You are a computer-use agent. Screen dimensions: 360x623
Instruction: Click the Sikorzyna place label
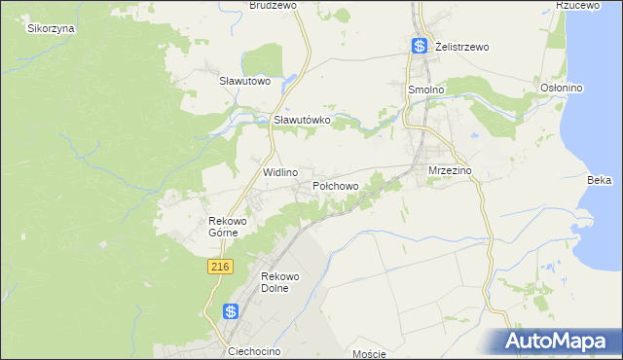52,28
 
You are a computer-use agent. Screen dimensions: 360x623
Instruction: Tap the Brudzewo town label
273,5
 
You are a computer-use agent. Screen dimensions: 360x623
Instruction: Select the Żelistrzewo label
461,46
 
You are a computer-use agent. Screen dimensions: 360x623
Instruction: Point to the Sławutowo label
243,81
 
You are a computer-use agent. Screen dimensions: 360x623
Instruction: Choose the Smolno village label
424,89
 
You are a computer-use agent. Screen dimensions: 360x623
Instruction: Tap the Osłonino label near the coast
561,88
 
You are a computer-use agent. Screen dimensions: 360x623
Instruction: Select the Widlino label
280,171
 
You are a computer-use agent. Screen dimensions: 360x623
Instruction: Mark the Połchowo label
336,185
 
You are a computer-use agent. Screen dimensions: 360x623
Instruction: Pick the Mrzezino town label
450,170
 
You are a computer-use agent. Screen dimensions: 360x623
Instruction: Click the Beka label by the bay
599,180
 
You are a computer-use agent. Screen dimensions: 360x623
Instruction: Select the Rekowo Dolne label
279,283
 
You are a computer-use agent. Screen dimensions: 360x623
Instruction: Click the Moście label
370,353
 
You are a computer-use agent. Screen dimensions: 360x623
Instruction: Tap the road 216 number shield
219,266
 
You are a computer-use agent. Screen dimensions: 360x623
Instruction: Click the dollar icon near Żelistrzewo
420,46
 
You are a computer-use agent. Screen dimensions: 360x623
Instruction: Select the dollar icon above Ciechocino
231,311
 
